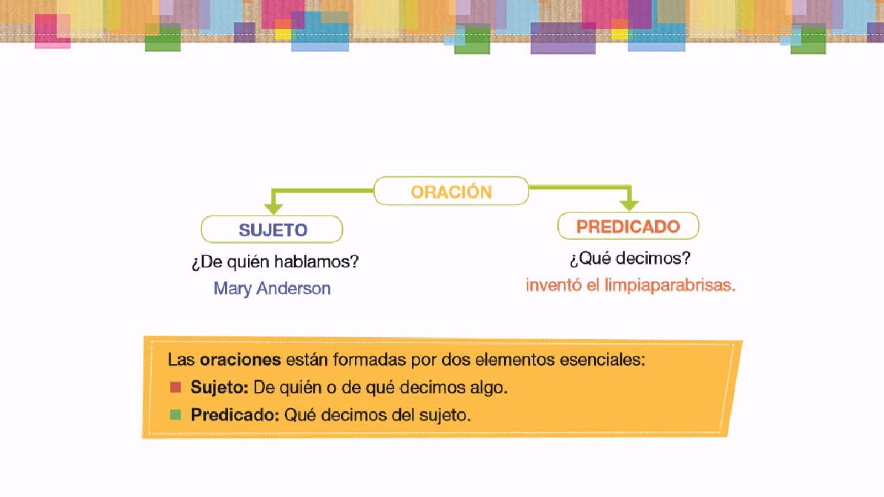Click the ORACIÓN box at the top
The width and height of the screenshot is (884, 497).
451,192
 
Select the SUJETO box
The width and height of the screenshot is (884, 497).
272,230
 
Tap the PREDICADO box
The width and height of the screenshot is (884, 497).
628,226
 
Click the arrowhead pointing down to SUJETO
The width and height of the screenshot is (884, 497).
273,208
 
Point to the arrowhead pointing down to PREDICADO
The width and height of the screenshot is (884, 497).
629,205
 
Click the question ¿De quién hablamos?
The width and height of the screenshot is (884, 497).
275,261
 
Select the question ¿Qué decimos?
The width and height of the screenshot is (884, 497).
630,258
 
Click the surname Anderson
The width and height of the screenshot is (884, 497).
293,288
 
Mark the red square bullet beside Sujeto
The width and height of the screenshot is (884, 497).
176,387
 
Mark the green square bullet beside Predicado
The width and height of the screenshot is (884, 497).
176,415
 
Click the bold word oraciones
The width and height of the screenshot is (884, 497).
240,359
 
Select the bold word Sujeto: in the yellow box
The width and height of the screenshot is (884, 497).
219,387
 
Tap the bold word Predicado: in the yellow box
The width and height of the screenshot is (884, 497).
235,415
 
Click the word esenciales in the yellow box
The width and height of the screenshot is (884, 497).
602,359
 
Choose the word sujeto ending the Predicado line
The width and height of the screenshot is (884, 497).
445,415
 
